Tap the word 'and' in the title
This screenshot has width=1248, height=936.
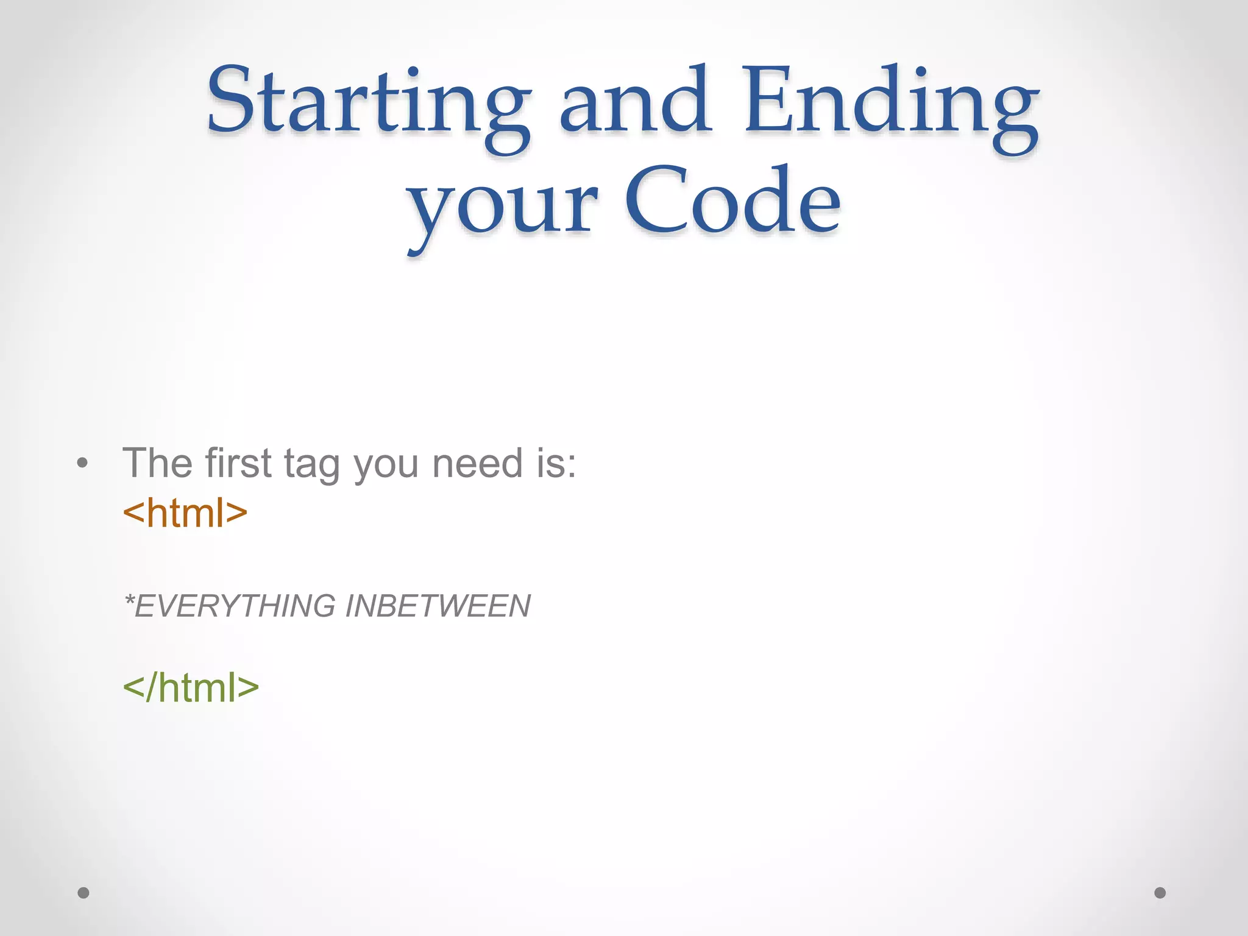point(634,101)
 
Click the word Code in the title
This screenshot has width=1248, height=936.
point(732,201)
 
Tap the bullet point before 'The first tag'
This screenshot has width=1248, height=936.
point(83,464)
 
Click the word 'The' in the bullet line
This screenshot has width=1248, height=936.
point(158,463)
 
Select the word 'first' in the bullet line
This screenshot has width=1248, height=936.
point(238,463)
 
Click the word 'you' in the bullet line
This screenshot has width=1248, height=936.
point(386,466)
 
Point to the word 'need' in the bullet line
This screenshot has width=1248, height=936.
point(478,463)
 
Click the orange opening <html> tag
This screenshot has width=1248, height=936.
point(185,513)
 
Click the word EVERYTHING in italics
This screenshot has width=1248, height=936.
point(235,606)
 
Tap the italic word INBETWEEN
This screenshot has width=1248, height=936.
point(438,606)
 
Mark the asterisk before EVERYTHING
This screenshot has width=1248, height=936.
point(129,600)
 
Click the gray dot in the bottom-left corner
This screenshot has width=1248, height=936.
point(83,893)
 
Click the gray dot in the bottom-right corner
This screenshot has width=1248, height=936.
point(1160,893)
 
